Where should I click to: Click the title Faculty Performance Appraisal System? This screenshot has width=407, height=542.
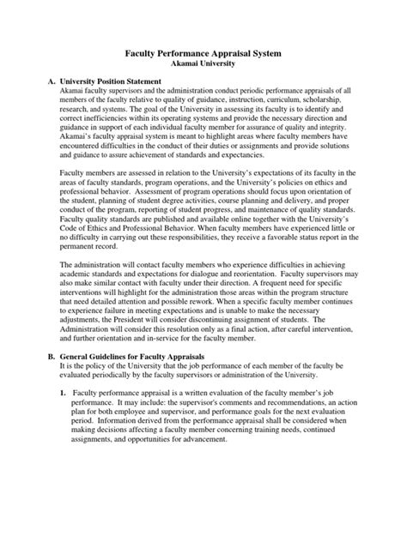pos(203,53)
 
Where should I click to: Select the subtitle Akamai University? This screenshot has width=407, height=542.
pos(203,64)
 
